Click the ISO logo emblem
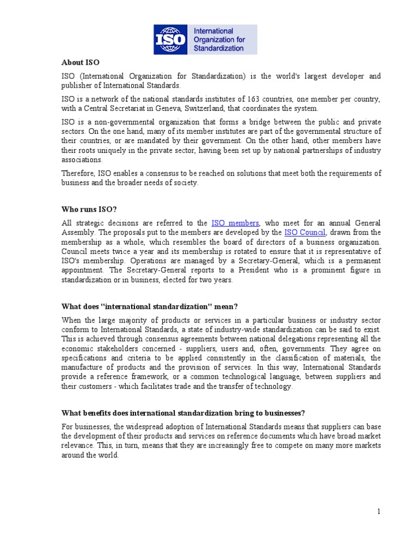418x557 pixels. tap(169, 39)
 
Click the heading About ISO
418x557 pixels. tap(81, 63)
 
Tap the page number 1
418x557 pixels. tap(379, 511)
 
